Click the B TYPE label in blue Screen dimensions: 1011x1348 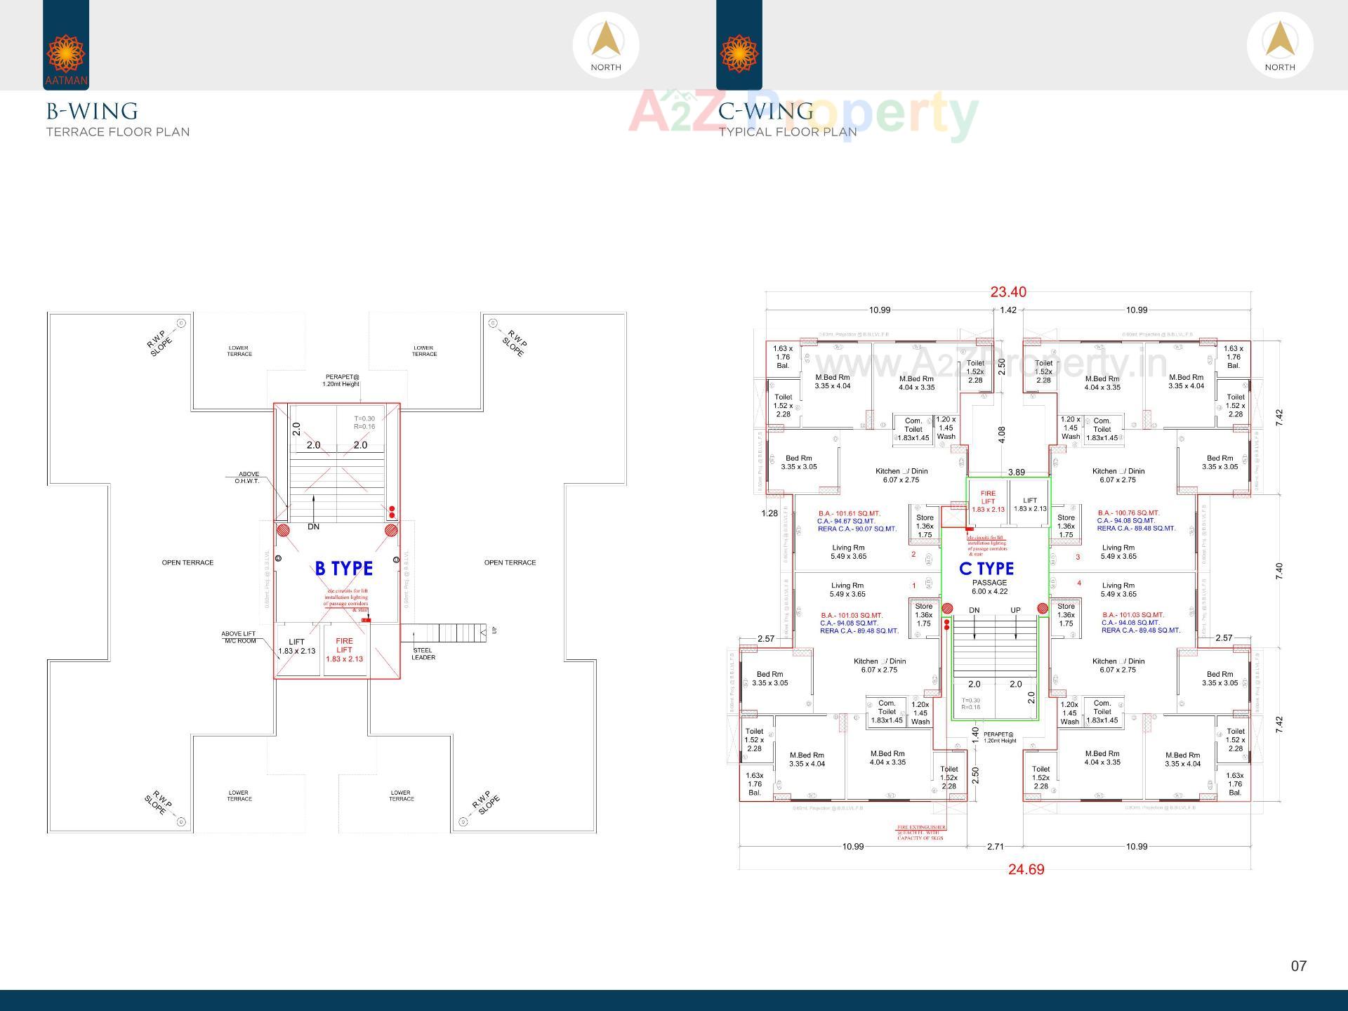pyautogui.click(x=343, y=568)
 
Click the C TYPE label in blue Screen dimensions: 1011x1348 pyautogui.click(x=986, y=569)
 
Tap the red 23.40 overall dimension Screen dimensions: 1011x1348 pyautogui.click(x=1007, y=292)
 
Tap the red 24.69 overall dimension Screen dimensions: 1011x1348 pyautogui.click(x=1026, y=869)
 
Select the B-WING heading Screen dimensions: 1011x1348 pyautogui.click(x=92, y=112)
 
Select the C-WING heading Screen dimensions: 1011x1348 pyautogui.click(x=766, y=112)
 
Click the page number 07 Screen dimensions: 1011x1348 pyautogui.click(x=1298, y=966)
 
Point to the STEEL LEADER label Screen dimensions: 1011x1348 pyautogui.click(x=423, y=654)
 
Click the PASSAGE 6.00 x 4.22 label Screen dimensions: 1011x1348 pyautogui.click(x=989, y=587)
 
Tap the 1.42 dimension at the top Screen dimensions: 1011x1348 pyautogui.click(x=1008, y=310)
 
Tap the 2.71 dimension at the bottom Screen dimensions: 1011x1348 pyautogui.click(x=995, y=847)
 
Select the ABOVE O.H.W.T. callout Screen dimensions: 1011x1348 pyautogui.click(x=248, y=477)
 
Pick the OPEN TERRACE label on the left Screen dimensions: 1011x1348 pyautogui.click(x=187, y=562)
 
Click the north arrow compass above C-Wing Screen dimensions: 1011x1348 pyautogui.click(x=1279, y=45)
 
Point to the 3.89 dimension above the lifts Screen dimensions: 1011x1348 pyautogui.click(x=1016, y=473)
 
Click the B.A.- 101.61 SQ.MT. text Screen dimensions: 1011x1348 pyautogui.click(x=849, y=513)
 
